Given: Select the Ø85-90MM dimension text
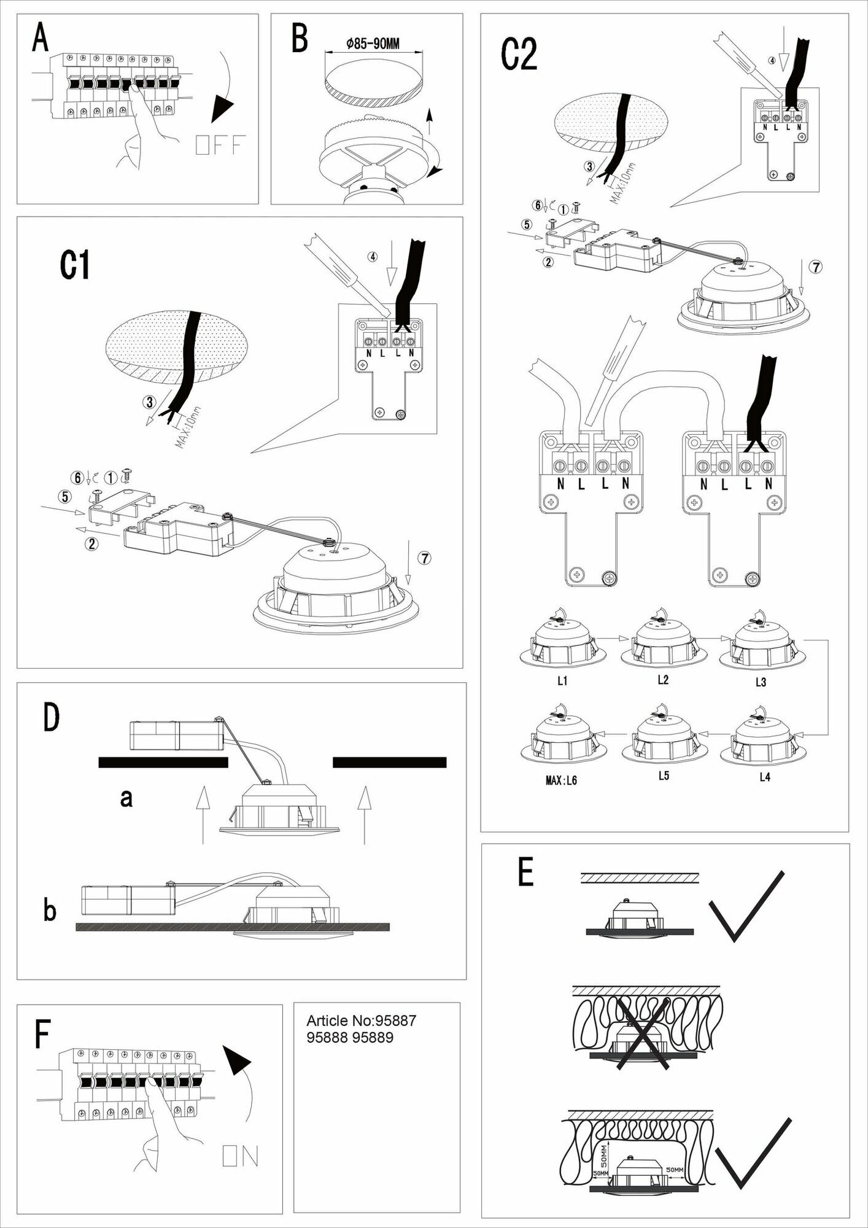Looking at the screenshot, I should (373, 44).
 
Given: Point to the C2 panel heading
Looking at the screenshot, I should (519, 54).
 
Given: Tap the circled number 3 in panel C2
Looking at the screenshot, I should (589, 166).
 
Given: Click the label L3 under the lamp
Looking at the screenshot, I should (761, 682).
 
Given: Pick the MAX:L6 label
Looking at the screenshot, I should (561, 781).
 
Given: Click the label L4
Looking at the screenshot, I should (764, 777).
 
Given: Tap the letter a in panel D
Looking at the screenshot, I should (126, 798).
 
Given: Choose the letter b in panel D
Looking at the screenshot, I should (50, 910).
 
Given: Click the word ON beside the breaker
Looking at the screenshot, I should (241, 1157).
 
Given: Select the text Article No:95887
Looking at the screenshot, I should (361, 1021).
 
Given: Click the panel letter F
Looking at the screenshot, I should (42, 1034).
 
